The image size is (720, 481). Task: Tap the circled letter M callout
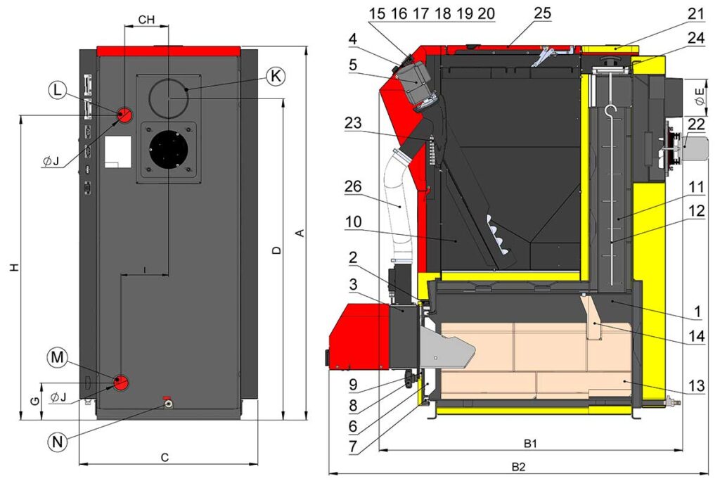pyautogui.click(x=58, y=359)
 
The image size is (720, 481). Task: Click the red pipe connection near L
pyautogui.click(x=124, y=114)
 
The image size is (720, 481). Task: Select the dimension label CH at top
pyautogui.click(x=146, y=20)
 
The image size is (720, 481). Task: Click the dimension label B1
pyautogui.click(x=531, y=444)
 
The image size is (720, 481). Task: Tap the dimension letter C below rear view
pyautogui.click(x=165, y=458)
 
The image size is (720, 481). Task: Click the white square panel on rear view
pyautogui.click(x=117, y=152)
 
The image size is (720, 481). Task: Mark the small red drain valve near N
pyautogui.click(x=167, y=399)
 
